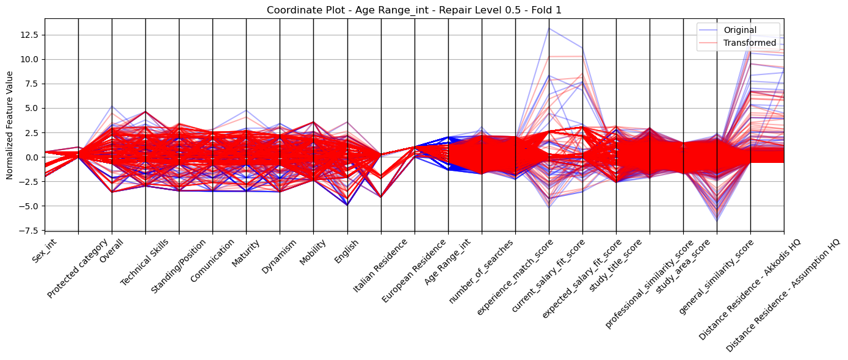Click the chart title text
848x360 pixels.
tap(414, 10)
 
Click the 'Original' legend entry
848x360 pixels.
tap(740, 30)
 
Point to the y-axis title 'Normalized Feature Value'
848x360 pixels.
tap(10, 125)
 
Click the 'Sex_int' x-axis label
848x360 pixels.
tap(45, 251)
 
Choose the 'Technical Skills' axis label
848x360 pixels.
tap(144, 262)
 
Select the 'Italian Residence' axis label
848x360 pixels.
tap(380, 266)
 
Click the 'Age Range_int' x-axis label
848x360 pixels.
tap(448, 262)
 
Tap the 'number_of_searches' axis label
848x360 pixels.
tap(481, 272)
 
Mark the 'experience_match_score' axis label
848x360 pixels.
tap(515, 277)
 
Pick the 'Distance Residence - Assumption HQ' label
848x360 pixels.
tap(783, 295)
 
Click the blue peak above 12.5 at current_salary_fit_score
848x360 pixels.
tap(549, 28)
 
